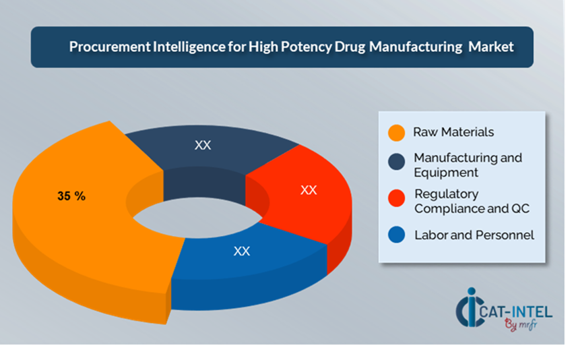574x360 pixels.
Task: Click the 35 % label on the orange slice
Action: (71, 196)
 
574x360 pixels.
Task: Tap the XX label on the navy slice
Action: (203, 145)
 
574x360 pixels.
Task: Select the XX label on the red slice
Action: (309, 190)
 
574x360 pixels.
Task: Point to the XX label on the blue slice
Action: (242, 251)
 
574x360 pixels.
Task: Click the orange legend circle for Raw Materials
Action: (397, 133)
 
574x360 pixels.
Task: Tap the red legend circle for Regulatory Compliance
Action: (397, 199)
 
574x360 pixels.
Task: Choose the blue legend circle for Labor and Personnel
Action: (397, 236)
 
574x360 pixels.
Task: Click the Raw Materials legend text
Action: (453, 132)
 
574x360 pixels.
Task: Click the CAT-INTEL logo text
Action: (519, 311)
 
